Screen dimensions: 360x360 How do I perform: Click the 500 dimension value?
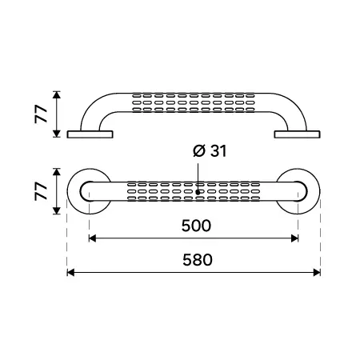pyautogui.click(x=196, y=226)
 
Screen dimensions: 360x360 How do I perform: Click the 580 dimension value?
pyautogui.click(x=198, y=260)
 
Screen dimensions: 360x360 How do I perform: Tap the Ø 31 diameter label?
pyautogui.click(x=210, y=151)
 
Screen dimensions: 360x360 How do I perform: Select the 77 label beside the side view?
pyautogui.click(x=41, y=114)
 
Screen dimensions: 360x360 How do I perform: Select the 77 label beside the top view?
pyautogui.click(x=41, y=191)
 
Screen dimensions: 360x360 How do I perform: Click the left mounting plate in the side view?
pyautogui.click(x=90, y=134)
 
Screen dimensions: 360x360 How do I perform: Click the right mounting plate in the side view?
pyautogui.click(x=297, y=134)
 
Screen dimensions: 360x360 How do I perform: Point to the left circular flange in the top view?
pyautogui.click(x=72, y=191)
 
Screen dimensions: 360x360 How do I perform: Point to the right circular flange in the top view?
pyautogui.click(x=314, y=191)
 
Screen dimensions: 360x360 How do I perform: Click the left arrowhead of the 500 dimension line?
pyautogui.click(x=92, y=238)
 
